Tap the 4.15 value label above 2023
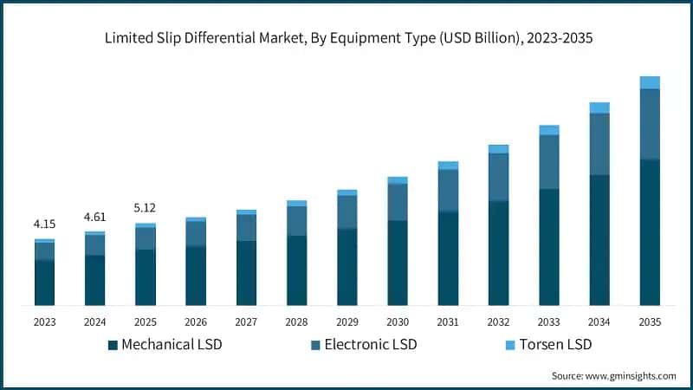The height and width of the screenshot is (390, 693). coord(44,224)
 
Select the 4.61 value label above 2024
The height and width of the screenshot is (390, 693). coord(94,217)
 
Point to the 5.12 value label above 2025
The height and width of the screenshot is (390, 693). coord(145,208)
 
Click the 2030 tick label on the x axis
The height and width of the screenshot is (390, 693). coord(397,322)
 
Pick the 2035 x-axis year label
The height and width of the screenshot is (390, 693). coord(650,322)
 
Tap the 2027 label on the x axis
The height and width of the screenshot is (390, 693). coord(246,322)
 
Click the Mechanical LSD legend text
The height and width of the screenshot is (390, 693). coord(172,345)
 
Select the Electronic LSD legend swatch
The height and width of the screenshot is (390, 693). coord(316,345)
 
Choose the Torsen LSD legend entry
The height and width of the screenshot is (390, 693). coord(550,345)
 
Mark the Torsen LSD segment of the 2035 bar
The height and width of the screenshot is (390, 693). coord(650,82)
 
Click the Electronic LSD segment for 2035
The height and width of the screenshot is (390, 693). coord(650,124)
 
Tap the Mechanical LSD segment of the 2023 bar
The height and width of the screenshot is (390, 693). coord(44,283)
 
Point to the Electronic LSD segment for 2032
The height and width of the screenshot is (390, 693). coord(498,178)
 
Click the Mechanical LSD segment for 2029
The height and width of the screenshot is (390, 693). coord(346,267)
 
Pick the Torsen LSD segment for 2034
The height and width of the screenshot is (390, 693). coord(599,107)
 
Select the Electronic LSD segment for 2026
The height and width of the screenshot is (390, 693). coord(196,234)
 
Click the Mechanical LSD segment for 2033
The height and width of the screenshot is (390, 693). coord(549,247)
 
